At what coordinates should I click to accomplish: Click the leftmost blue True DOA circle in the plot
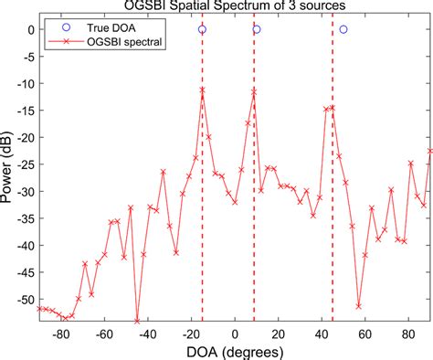(202, 29)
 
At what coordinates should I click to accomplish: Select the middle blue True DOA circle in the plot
(257, 29)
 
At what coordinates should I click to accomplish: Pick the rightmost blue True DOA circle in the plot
(343, 29)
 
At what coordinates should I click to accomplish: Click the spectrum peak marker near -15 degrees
(202, 90)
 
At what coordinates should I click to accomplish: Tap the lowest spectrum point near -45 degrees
(137, 321)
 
